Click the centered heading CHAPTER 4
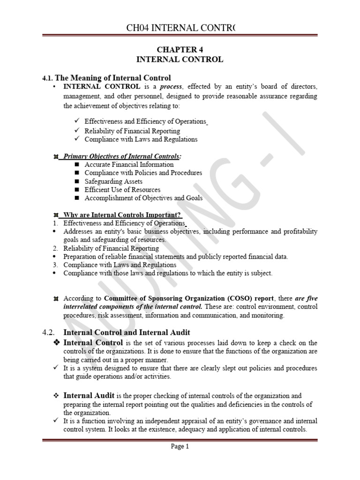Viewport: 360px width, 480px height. pyautogui.click(x=180, y=50)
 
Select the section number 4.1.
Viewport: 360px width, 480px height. pyautogui.click(x=48, y=78)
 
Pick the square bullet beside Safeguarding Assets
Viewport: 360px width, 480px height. pyautogui.click(x=77, y=181)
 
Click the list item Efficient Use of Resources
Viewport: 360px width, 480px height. pyautogui.click(x=122, y=190)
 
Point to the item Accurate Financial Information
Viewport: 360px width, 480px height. pyautogui.click(x=129, y=165)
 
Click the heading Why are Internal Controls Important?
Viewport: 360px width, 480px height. pyautogui.click(x=122, y=215)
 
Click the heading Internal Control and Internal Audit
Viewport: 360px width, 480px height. pyautogui.click(x=127, y=332)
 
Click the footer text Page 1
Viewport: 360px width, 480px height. pyautogui.click(x=180, y=447)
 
